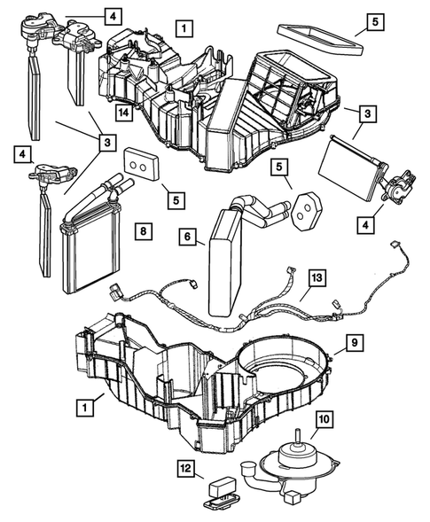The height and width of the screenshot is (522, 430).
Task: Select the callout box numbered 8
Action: [x=142, y=231]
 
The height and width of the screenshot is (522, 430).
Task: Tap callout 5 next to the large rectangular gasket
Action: [x=372, y=19]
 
